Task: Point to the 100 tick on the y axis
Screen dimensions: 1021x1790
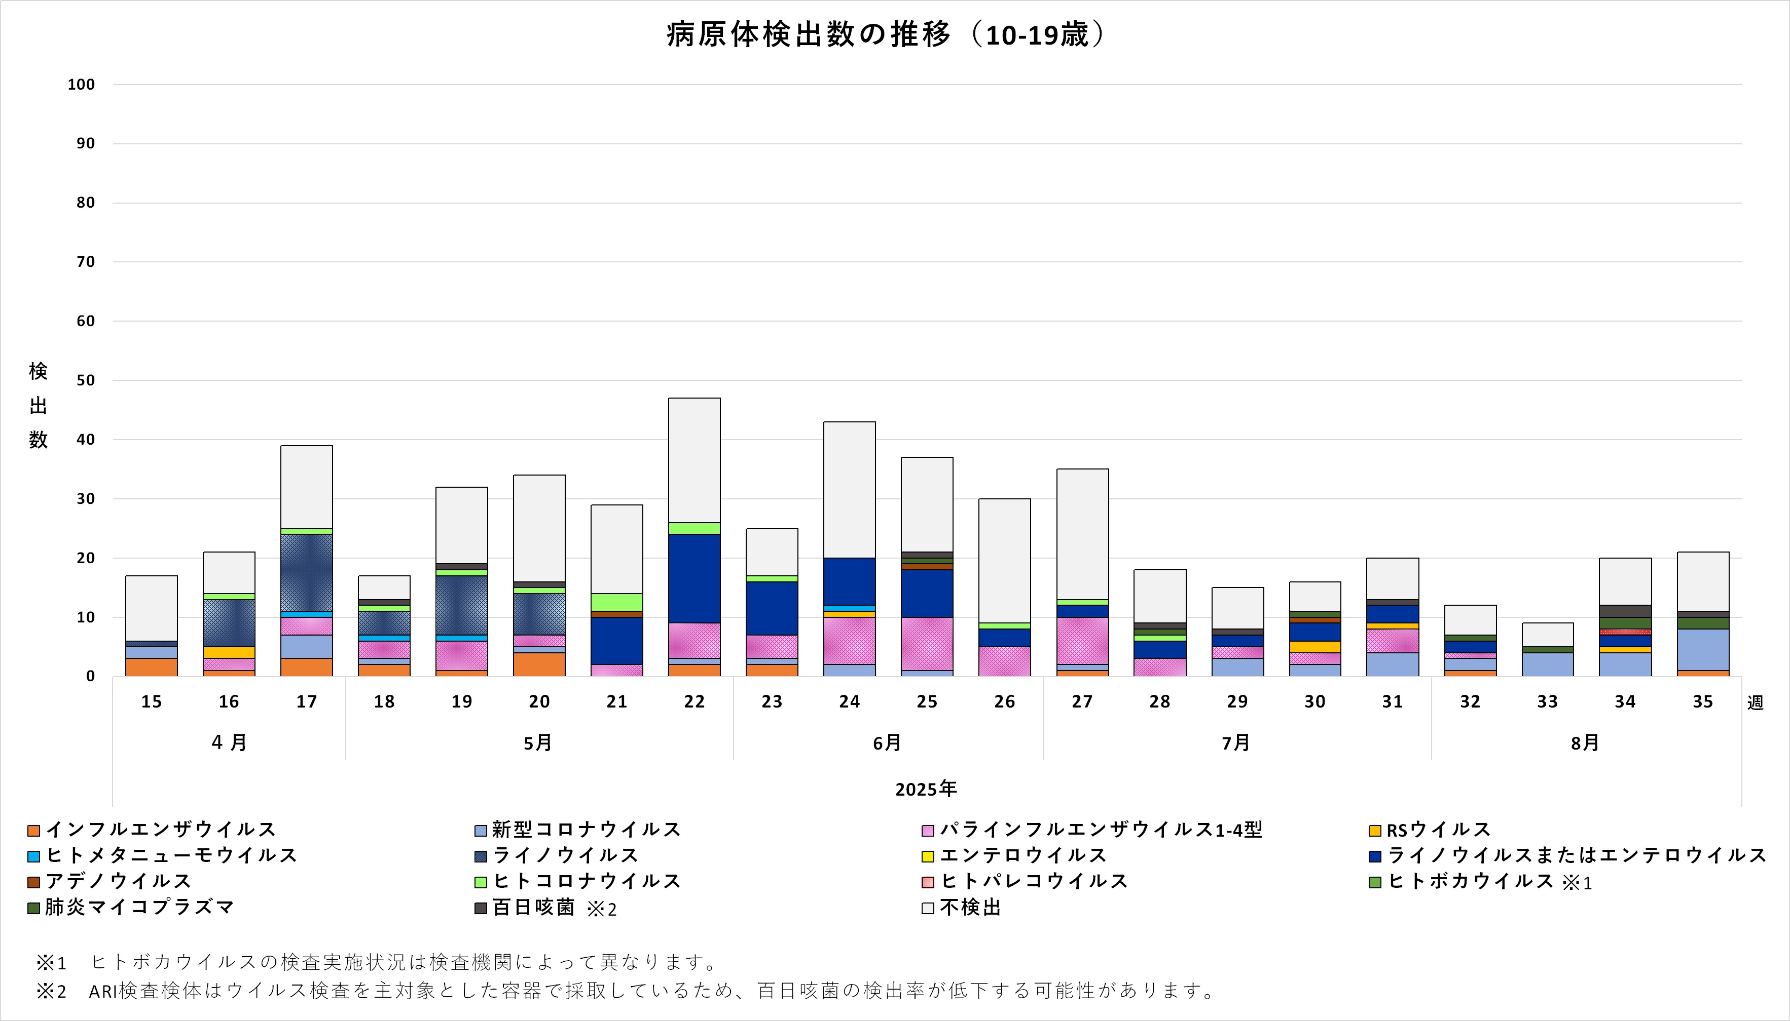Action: tap(82, 85)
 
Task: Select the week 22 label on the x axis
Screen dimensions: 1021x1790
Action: tap(694, 702)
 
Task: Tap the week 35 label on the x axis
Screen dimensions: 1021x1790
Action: tap(1702, 702)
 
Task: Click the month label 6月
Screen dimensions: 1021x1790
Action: tap(887, 742)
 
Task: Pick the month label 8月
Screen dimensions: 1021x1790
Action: tap(1584, 742)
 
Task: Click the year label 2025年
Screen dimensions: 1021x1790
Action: tap(926, 790)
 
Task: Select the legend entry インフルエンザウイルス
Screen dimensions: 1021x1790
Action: tap(161, 830)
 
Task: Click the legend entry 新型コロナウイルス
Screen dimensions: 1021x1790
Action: tap(586, 830)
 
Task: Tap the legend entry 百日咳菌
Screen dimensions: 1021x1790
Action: tap(533, 908)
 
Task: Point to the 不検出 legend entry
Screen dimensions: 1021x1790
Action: tap(970, 908)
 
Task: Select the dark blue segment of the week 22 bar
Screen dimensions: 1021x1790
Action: tap(694, 578)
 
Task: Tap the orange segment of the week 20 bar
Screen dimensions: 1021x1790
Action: tap(539, 664)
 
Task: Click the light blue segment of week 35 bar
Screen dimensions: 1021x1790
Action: tap(1702, 649)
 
